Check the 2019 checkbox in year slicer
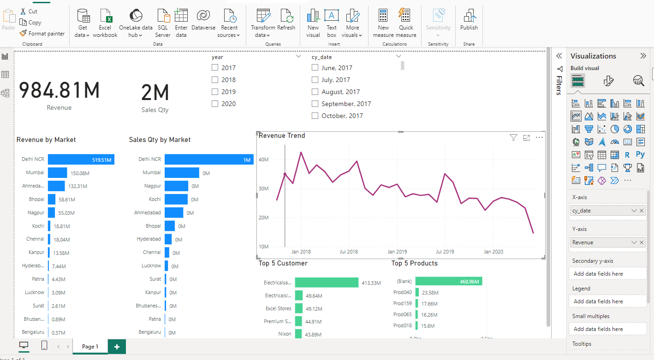click(x=215, y=92)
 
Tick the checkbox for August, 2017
click(x=315, y=92)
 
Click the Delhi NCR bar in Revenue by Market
click(x=81, y=159)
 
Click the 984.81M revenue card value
click(x=59, y=90)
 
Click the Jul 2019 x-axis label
click(x=445, y=252)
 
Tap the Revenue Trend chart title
click(x=282, y=136)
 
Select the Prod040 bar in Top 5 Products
click(x=417, y=292)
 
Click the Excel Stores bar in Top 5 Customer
click(x=298, y=308)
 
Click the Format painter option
click(x=42, y=33)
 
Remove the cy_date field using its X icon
click(x=642, y=211)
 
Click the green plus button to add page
click(x=117, y=347)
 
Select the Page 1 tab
click(x=89, y=347)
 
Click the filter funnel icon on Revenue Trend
click(x=513, y=137)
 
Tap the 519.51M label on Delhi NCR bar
click(x=102, y=160)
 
